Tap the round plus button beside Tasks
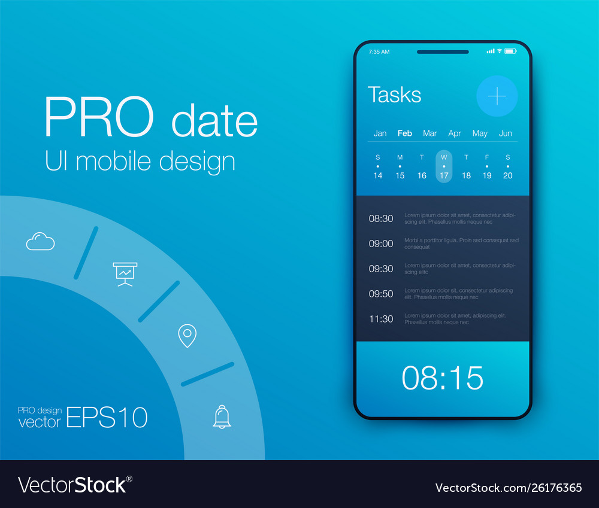click(x=497, y=96)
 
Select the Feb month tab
click(x=404, y=133)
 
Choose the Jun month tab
click(x=505, y=133)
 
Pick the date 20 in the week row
click(x=508, y=175)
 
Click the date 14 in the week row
click(x=377, y=175)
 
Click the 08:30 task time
click(x=381, y=218)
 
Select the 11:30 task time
click(x=381, y=319)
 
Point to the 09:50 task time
click(x=381, y=294)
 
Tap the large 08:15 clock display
click(x=443, y=378)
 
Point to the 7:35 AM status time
click(x=379, y=51)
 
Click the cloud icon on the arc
click(x=41, y=241)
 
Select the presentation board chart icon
click(x=125, y=274)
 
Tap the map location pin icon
click(x=187, y=336)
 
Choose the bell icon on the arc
click(x=222, y=416)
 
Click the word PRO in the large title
click(x=99, y=117)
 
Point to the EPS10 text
click(x=107, y=417)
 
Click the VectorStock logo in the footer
click(x=75, y=485)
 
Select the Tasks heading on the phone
click(x=394, y=95)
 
